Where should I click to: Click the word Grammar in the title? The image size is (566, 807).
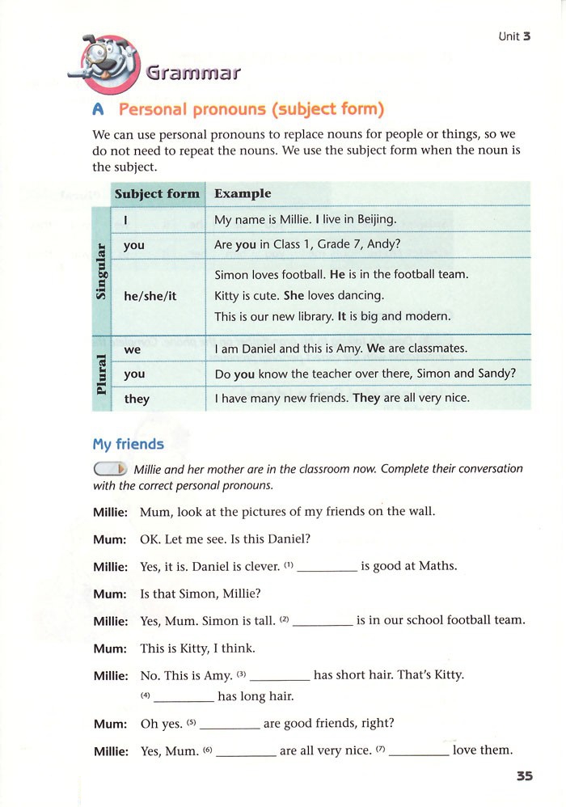(x=194, y=73)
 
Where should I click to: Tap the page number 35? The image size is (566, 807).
(x=525, y=776)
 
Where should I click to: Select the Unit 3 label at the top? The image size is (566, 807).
(x=514, y=36)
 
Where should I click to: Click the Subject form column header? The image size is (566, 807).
(x=157, y=194)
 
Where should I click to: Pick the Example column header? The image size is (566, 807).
(x=243, y=194)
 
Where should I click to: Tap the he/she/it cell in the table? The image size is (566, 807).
(x=150, y=296)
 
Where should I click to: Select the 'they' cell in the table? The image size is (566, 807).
(x=137, y=399)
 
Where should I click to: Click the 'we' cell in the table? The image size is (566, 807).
(x=133, y=350)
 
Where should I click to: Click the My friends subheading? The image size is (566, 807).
(x=128, y=444)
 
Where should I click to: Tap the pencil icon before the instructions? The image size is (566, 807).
(x=111, y=469)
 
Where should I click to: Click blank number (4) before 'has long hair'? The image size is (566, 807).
(x=184, y=697)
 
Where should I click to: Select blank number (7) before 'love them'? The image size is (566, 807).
(x=419, y=752)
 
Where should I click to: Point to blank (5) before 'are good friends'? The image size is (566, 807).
(x=230, y=725)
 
